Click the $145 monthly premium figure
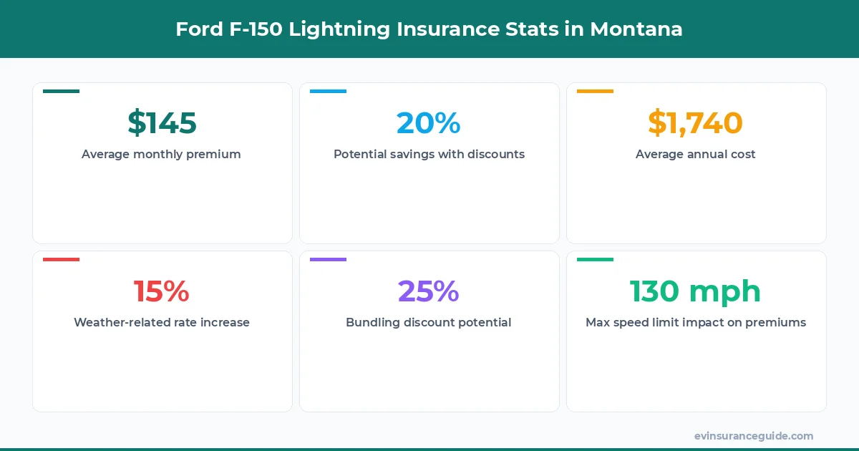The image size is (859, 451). click(x=162, y=123)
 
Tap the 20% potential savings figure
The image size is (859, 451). click(x=428, y=123)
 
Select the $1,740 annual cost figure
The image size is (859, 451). click(x=695, y=123)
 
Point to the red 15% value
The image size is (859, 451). click(x=162, y=291)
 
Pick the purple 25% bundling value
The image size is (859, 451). click(x=428, y=291)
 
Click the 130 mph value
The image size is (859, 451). click(x=695, y=291)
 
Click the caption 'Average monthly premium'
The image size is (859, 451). click(x=162, y=154)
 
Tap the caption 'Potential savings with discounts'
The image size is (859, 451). click(x=429, y=154)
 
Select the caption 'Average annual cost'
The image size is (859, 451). click(x=695, y=154)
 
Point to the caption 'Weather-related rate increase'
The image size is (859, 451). click(x=162, y=322)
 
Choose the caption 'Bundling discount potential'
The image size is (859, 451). click(x=428, y=322)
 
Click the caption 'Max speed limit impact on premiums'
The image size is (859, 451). click(x=695, y=322)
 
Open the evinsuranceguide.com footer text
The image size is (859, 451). click(x=753, y=435)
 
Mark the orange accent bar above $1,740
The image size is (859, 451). click(x=595, y=92)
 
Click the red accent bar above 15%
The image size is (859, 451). click(x=61, y=259)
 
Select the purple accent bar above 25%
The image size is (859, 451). click(x=328, y=259)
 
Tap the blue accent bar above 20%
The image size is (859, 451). click(x=328, y=92)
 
